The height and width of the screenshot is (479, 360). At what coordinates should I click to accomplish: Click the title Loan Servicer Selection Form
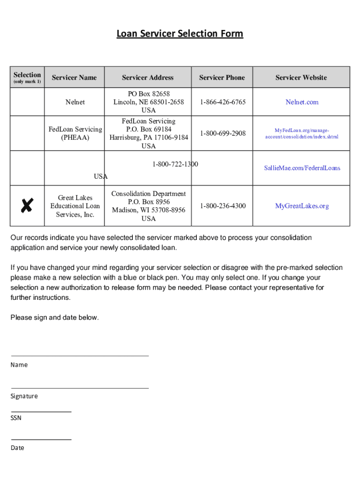coord(180,34)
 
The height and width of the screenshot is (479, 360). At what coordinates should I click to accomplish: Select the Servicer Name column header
coord(74,78)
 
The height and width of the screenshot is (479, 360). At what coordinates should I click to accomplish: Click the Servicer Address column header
coord(148,78)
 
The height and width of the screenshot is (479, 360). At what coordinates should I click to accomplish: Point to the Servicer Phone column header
coord(222,78)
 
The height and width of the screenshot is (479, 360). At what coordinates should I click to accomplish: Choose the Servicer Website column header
coord(301,78)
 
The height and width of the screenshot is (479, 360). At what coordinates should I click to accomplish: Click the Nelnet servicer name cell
coord(75,102)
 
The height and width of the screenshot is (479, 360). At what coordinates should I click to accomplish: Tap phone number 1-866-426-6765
coord(223,102)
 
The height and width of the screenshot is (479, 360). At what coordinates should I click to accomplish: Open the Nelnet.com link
coord(302,102)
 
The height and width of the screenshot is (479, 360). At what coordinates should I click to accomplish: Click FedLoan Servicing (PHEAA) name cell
coord(75,133)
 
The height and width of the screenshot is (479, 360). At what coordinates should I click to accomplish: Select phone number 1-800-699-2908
coord(223,133)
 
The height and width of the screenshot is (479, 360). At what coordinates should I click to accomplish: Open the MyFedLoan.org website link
coord(302,133)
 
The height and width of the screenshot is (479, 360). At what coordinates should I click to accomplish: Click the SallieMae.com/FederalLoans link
coord(302,168)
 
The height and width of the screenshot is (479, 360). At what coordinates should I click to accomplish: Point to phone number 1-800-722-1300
coord(175,164)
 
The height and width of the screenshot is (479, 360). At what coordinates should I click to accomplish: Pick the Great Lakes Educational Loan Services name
coord(75,206)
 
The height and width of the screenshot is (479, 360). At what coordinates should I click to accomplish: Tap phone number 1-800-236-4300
coord(223,206)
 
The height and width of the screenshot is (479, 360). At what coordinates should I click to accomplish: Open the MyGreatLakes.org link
coord(302,206)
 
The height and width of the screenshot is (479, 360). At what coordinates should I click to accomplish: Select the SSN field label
coord(16,418)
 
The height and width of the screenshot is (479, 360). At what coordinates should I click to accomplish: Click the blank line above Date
coord(41,439)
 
